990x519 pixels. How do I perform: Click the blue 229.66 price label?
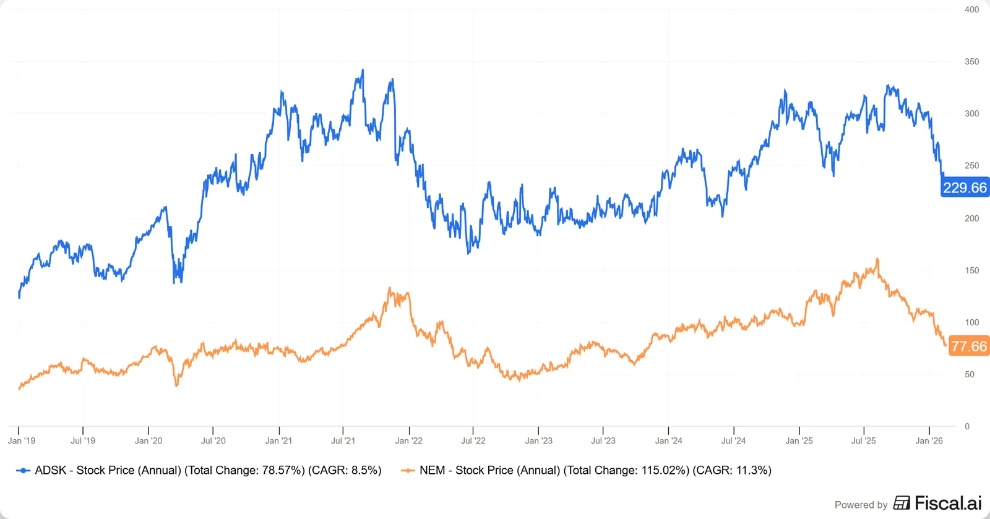pos(965,187)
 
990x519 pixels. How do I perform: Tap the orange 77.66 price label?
pos(969,346)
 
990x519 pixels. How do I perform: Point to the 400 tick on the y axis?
pos(971,9)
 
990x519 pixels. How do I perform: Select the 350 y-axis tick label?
pos(971,61)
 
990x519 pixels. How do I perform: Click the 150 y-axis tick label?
pos(971,270)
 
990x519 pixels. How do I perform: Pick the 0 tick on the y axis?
pos(967,426)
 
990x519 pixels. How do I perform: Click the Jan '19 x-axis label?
pos(21,440)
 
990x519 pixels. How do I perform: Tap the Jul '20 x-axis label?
pos(213,440)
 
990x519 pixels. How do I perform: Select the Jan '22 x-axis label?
pos(408,440)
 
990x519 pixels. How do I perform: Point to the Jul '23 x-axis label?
pos(603,440)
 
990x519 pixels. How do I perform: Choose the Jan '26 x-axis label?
pos(929,440)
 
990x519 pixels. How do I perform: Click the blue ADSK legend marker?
pos(23,470)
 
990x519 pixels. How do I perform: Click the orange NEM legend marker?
pos(408,470)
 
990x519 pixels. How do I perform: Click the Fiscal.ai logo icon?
pos(902,503)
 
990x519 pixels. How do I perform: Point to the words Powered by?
pos(861,504)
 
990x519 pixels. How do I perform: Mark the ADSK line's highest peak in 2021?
pos(363,70)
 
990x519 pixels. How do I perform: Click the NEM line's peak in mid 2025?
pos(877,259)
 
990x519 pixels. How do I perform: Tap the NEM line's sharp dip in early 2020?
pos(177,385)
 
